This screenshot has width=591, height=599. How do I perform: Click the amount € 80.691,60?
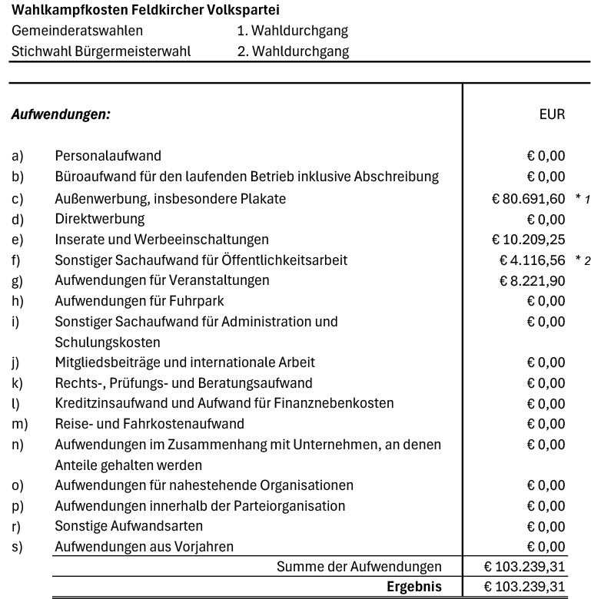pyautogui.click(x=528, y=199)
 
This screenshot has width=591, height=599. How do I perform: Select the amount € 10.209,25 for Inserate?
pyautogui.click(x=528, y=240)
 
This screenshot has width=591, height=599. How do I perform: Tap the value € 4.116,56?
pyautogui.click(x=532, y=260)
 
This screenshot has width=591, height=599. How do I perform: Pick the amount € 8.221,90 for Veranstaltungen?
pyautogui.click(x=532, y=280)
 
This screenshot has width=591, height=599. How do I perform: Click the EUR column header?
pyautogui.click(x=552, y=114)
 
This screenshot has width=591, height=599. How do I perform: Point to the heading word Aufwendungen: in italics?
pyautogui.click(x=61, y=114)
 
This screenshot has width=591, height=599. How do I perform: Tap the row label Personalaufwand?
pyautogui.click(x=108, y=156)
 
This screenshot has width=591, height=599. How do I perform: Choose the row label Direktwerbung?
pyautogui.click(x=99, y=219)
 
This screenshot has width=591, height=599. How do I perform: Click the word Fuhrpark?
pyautogui.click(x=198, y=301)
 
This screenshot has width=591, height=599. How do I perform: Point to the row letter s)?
pyautogui.click(x=18, y=547)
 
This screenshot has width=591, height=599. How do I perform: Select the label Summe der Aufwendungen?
pyautogui.click(x=359, y=567)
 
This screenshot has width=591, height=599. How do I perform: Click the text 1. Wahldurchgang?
pyautogui.click(x=292, y=31)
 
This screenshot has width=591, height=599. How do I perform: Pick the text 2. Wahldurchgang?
pyautogui.click(x=292, y=51)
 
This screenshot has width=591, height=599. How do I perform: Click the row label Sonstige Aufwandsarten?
pyautogui.click(x=128, y=526)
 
